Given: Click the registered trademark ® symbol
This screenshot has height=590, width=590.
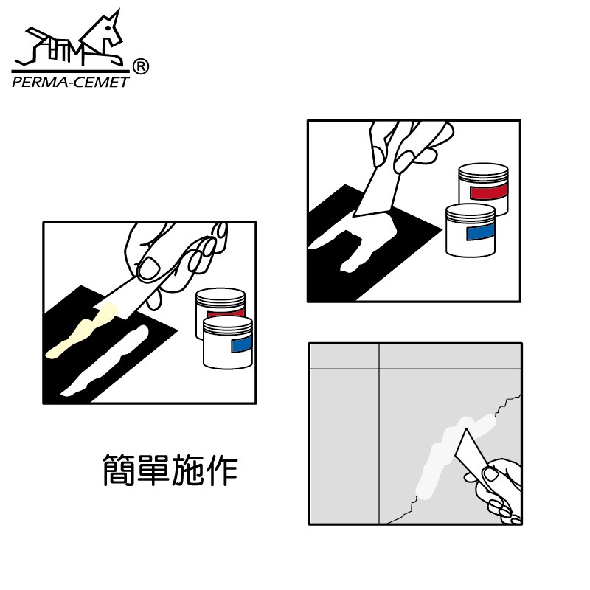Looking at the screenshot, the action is click(141, 66).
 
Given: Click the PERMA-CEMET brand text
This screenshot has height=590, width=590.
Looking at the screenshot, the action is click(70, 83).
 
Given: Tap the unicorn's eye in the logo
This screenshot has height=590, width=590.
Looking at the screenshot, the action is click(108, 27).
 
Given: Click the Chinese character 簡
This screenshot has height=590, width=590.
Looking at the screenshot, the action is click(119, 470).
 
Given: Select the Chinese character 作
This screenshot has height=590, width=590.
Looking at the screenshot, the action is click(223, 470).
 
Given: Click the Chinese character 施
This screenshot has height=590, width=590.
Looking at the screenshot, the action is click(187, 470).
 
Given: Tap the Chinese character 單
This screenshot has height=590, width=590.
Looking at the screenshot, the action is click(153, 470).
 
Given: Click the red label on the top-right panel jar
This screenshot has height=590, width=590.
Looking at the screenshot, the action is click(488, 192).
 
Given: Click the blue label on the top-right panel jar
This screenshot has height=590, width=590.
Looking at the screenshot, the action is click(481, 232).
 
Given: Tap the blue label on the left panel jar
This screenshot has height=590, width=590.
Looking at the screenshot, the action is click(241, 344).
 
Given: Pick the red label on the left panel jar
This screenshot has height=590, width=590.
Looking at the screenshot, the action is click(225, 313).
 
